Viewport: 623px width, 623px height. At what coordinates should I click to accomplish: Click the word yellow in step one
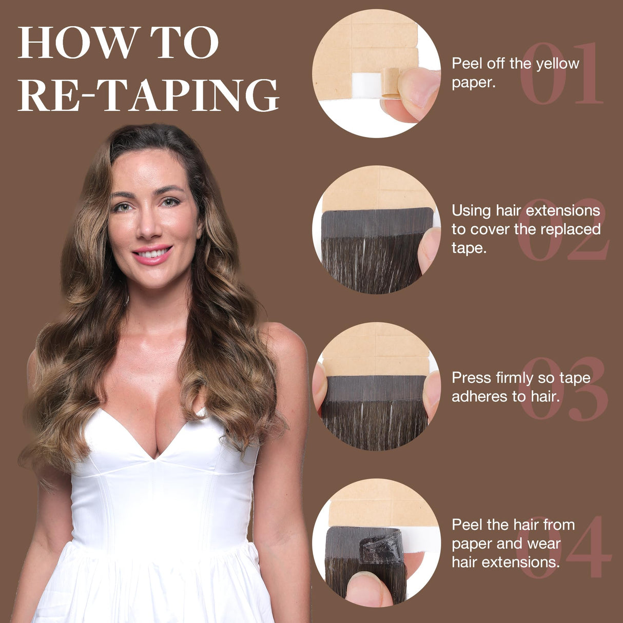(558, 64)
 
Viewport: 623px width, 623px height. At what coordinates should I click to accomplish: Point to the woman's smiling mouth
(152, 253)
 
